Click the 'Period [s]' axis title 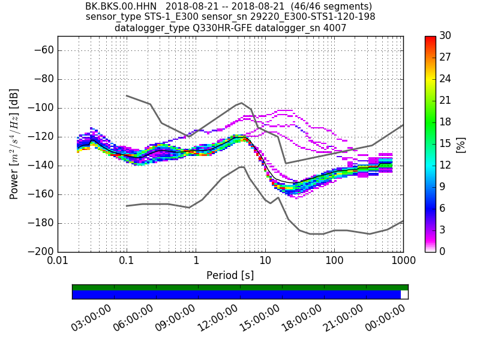[x=230, y=275]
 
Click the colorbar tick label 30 [x=446, y=36]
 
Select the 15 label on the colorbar [x=446, y=144]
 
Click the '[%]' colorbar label [x=461, y=144]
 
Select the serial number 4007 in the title [x=334, y=28]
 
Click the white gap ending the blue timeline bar [x=404, y=295]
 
